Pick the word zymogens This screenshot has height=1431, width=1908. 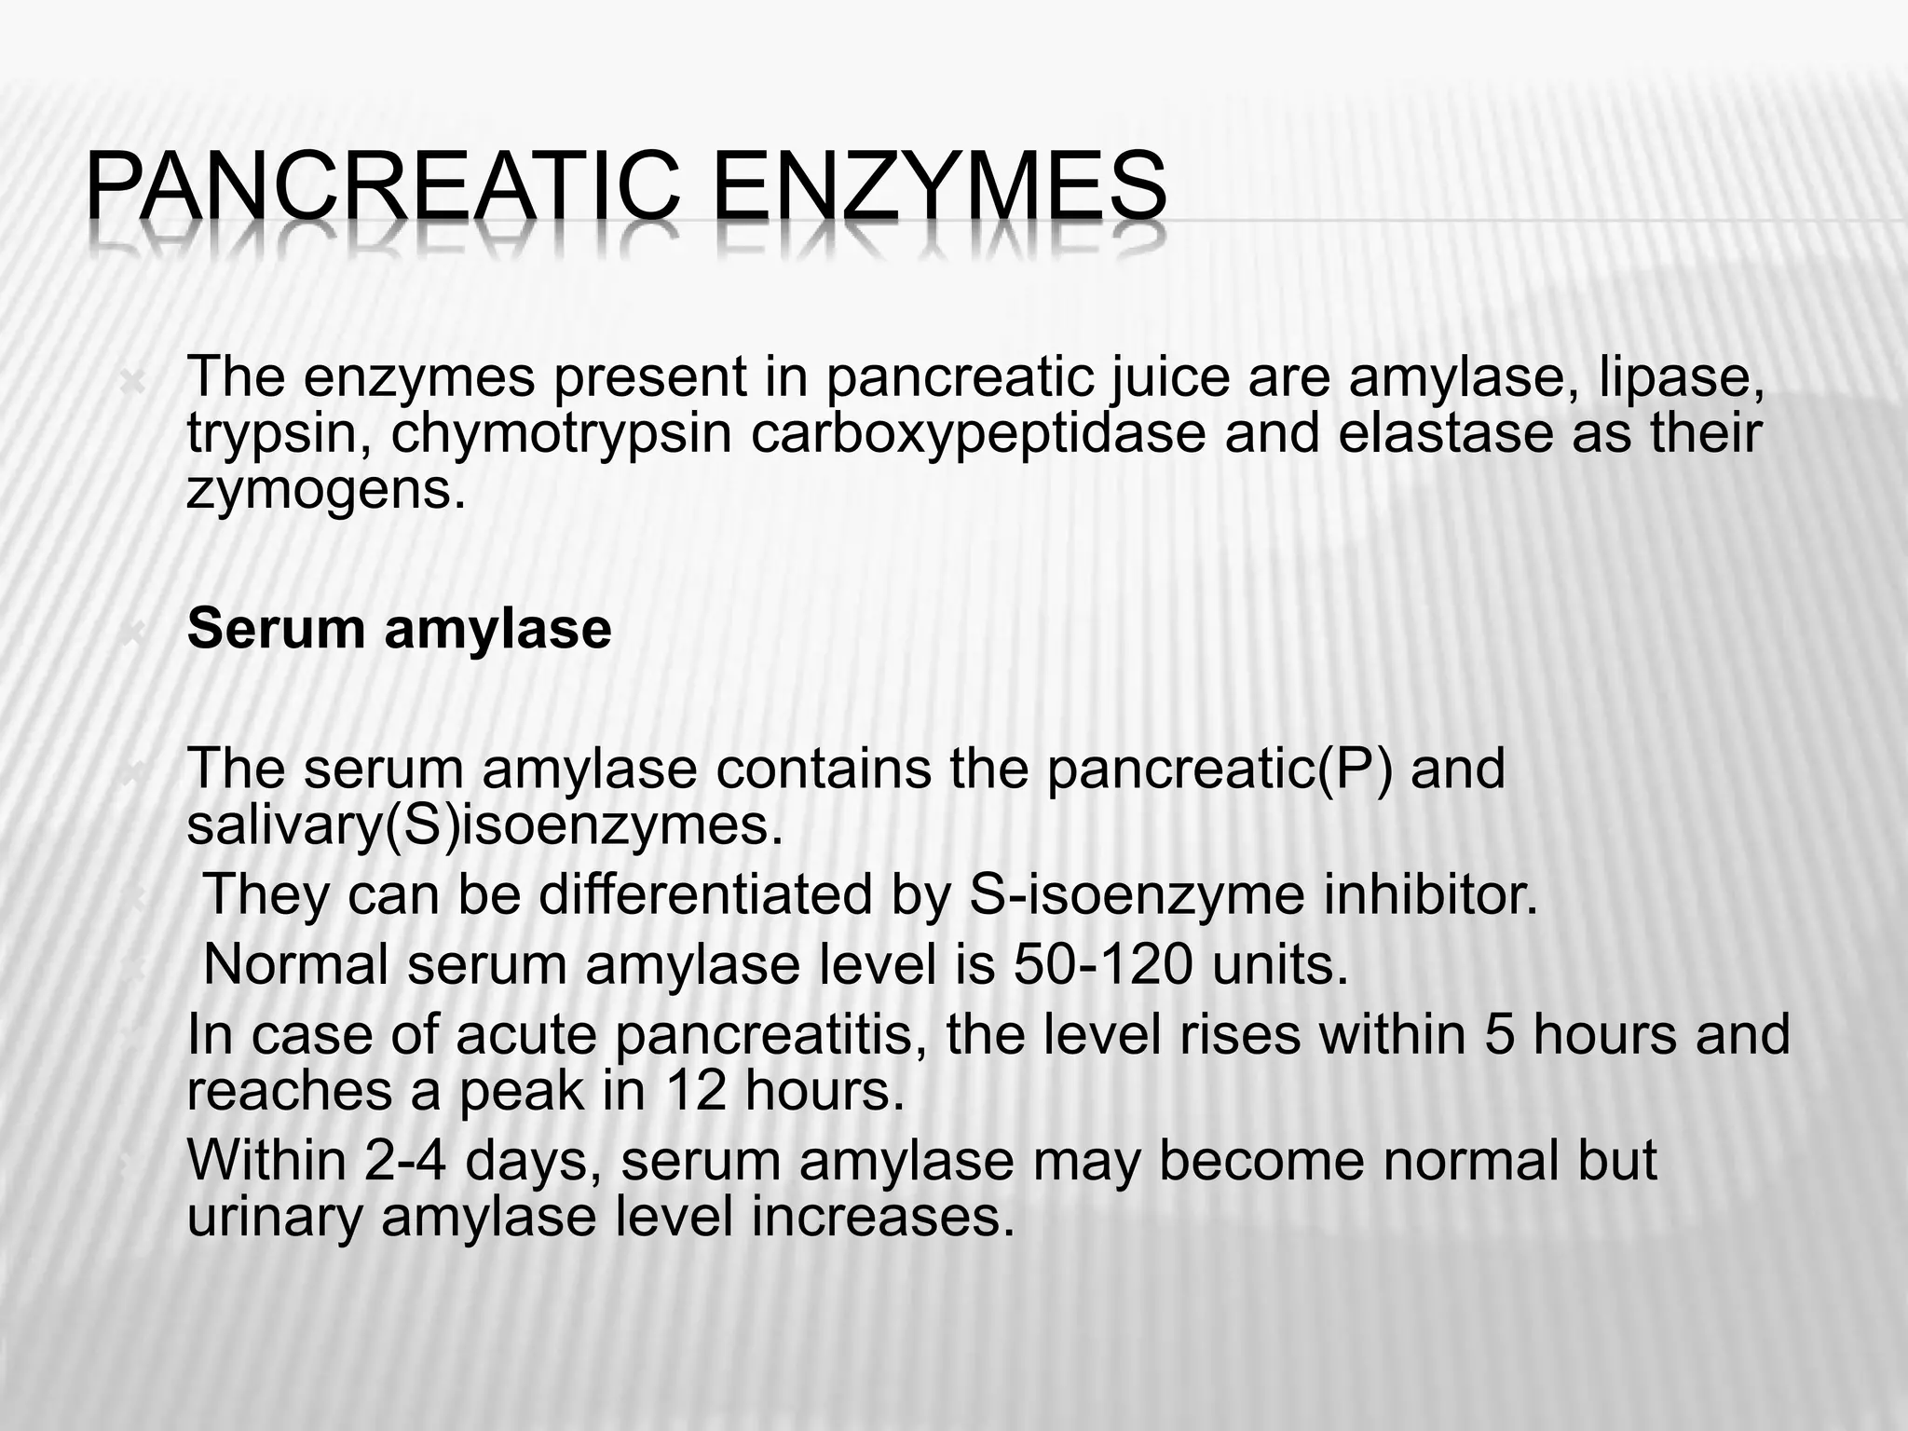[x=325, y=490]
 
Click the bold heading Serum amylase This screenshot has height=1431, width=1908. [x=399, y=629]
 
